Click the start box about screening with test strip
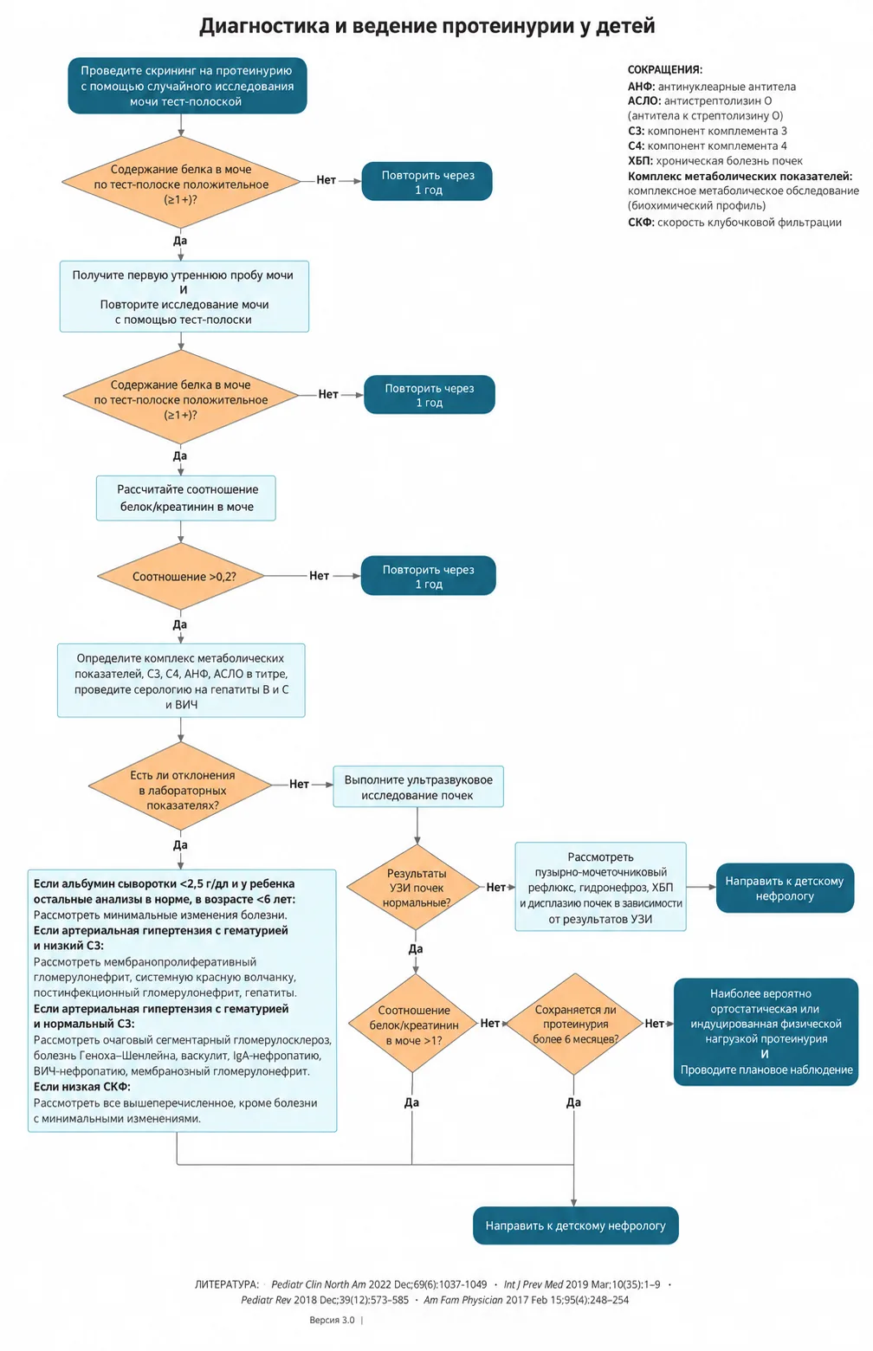click(187, 86)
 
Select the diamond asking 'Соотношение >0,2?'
click(181, 576)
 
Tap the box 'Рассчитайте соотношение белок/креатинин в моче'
click(186, 498)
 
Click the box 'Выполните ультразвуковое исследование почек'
click(418, 786)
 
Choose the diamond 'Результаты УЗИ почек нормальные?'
click(417, 887)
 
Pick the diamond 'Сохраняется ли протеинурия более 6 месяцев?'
click(575, 1024)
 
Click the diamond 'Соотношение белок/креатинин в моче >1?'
click(413, 1024)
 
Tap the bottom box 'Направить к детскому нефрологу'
click(576, 1225)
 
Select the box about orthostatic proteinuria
click(766, 1032)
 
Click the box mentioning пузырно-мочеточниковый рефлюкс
click(600, 887)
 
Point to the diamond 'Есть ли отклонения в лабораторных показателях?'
click(181, 785)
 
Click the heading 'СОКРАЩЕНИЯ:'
click(665, 70)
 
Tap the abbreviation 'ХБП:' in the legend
click(640, 161)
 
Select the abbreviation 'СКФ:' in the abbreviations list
click(641, 223)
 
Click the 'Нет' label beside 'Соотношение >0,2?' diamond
click(320, 576)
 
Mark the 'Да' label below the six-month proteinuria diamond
click(573, 1102)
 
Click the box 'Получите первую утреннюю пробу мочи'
click(184, 296)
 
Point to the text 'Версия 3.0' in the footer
click(332, 1320)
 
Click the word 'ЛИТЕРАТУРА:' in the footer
click(227, 1284)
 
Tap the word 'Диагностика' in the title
click(263, 27)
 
